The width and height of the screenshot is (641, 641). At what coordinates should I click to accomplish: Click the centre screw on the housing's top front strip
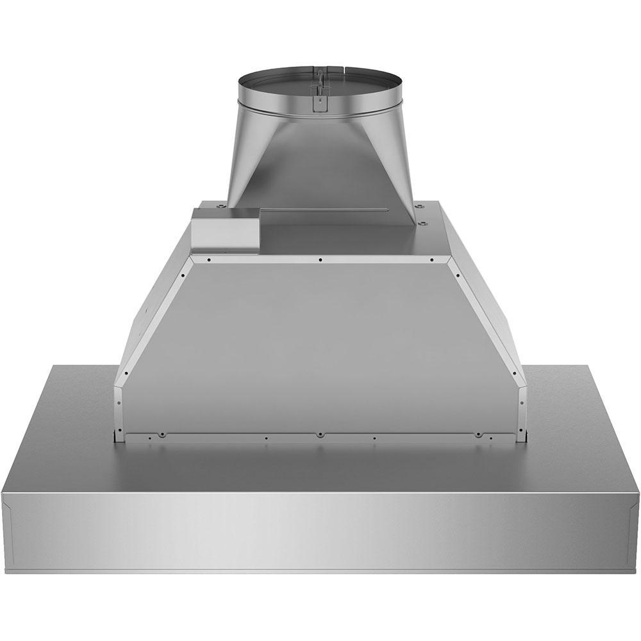320,260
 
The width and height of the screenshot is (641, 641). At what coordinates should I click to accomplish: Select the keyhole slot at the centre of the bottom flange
320,435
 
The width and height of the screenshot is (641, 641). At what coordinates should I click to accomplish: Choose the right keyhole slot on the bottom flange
478,435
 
